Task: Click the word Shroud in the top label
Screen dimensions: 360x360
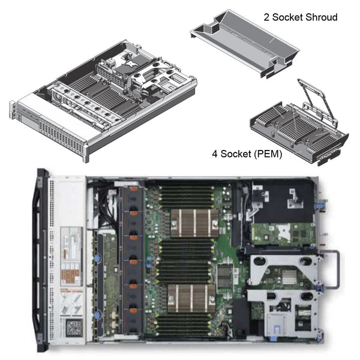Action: pos(320,17)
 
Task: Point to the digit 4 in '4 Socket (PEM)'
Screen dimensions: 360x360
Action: pos(215,153)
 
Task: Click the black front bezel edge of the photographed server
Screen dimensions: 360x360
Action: pos(42,258)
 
